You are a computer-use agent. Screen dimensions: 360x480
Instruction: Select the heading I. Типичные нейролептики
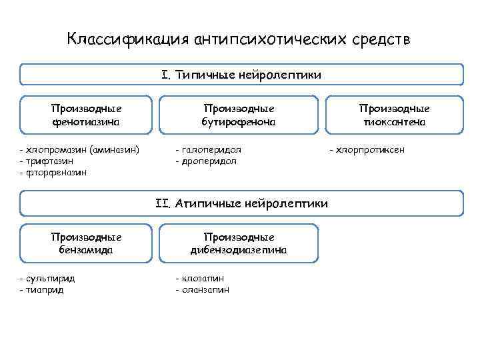click(x=241, y=75)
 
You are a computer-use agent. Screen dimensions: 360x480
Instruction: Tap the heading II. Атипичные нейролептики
click(x=241, y=203)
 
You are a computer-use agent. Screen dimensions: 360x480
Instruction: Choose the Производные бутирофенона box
click(x=239, y=115)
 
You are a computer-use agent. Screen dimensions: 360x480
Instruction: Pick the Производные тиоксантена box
click(x=394, y=115)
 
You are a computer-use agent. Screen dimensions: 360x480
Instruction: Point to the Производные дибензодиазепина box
click(x=239, y=243)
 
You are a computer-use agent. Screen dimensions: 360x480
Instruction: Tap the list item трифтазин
click(x=49, y=161)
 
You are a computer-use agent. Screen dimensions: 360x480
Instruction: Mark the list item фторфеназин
click(x=56, y=172)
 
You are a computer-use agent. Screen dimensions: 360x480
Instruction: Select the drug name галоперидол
click(x=211, y=150)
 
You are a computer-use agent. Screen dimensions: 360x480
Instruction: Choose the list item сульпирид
click(x=50, y=279)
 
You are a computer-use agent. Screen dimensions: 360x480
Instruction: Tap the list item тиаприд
click(x=45, y=289)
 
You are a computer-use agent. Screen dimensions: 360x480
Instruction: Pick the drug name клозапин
click(x=203, y=279)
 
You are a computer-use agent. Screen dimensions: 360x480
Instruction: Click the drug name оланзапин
click(x=205, y=289)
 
